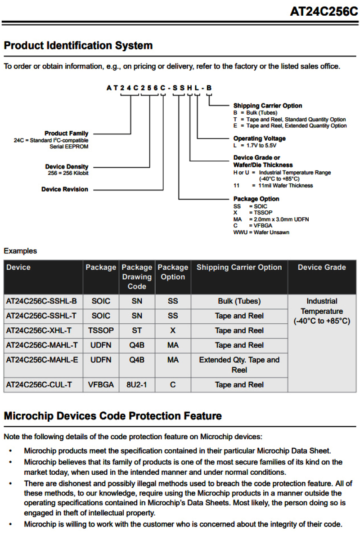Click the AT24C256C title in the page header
[324, 12]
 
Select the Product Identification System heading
[78, 46]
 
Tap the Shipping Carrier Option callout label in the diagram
[267, 106]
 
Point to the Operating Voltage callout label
[259, 138]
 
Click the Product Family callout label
[66, 134]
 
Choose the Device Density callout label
[67, 167]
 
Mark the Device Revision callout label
[65, 189]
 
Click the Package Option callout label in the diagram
[256, 199]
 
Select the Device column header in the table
[19, 268]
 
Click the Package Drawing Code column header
[137, 277]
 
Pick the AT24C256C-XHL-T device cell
[39, 330]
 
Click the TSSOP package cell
[101, 330]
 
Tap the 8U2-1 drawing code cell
[137, 385]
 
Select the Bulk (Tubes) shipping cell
[239, 301]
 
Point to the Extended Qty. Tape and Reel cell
[239, 365]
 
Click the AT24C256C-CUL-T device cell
[40, 385]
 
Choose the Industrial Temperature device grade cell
[322, 311]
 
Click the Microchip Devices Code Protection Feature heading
[112, 416]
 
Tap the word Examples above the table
[20, 251]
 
